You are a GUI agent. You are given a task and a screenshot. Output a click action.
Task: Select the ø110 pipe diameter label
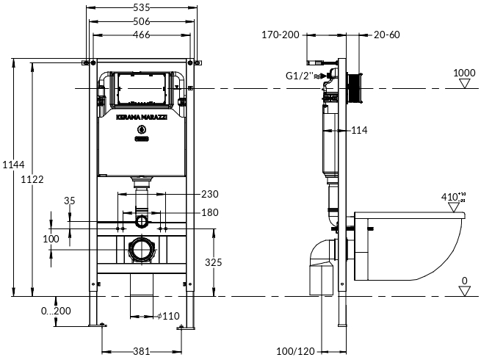tap(168, 316)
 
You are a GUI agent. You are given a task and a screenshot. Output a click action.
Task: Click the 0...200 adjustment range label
tap(56, 311)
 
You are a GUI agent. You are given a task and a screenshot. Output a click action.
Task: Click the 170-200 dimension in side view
tap(281, 34)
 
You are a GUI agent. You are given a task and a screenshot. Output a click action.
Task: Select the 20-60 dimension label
tap(386, 34)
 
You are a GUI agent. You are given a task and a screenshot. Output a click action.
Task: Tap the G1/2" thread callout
tap(300, 75)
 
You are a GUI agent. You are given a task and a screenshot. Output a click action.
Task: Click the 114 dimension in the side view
tap(358, 130)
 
